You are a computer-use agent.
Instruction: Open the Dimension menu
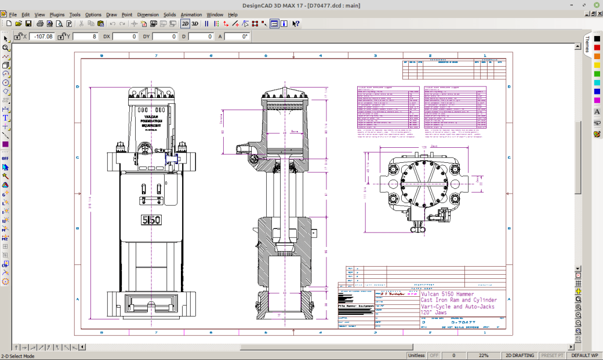(x=148, y=14)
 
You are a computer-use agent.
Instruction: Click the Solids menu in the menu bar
(x=170, y=14)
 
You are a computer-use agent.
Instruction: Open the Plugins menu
(x=57, y=14)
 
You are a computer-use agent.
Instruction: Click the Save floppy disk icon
(x=28, y=24)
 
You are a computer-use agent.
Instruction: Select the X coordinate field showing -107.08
(x=43, y=37)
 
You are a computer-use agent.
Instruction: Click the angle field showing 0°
(x=238, y=37)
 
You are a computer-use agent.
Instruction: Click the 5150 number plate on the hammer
(x=151, y=220)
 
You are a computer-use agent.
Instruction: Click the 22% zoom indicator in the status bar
(x=483, y=355)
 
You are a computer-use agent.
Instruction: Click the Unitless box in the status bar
(x=416, y=355)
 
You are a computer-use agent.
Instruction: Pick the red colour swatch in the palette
(x=597, y=48)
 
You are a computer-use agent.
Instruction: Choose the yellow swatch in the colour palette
(x=597, y=65)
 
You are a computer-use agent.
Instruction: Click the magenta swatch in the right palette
(x=597, y=100)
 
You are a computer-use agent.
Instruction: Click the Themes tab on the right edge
(x=587, y=43)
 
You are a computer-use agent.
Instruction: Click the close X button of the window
(x=597, y=5)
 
